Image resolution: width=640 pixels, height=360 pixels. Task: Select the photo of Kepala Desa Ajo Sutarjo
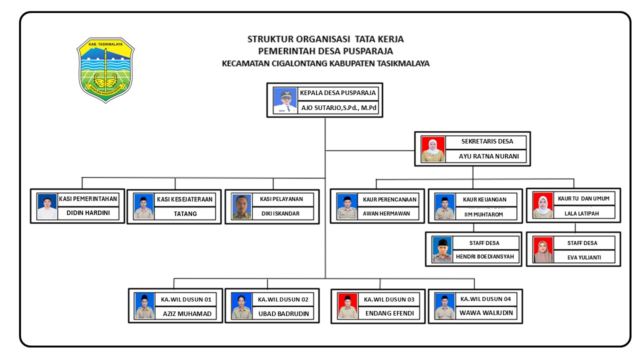285,100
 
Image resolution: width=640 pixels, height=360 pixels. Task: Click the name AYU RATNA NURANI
489,156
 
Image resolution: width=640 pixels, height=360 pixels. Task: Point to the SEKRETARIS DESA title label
487,141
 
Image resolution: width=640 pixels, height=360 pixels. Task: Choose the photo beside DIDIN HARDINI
47,206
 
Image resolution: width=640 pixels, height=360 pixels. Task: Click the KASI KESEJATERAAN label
185,199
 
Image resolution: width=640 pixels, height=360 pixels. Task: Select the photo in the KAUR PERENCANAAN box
347,206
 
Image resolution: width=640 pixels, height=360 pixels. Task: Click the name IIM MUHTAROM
483,214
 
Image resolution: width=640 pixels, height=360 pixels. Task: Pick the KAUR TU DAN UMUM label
584,198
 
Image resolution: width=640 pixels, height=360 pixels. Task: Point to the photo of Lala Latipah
543,206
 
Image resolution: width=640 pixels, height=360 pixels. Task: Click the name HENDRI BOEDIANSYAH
484,257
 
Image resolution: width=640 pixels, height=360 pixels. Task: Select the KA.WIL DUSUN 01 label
186,299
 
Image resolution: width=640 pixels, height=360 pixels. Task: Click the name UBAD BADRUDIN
283,314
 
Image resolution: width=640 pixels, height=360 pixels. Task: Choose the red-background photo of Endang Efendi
348,306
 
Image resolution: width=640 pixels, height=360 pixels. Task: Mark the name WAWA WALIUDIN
486,313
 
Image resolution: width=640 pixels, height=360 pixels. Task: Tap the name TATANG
185,213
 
